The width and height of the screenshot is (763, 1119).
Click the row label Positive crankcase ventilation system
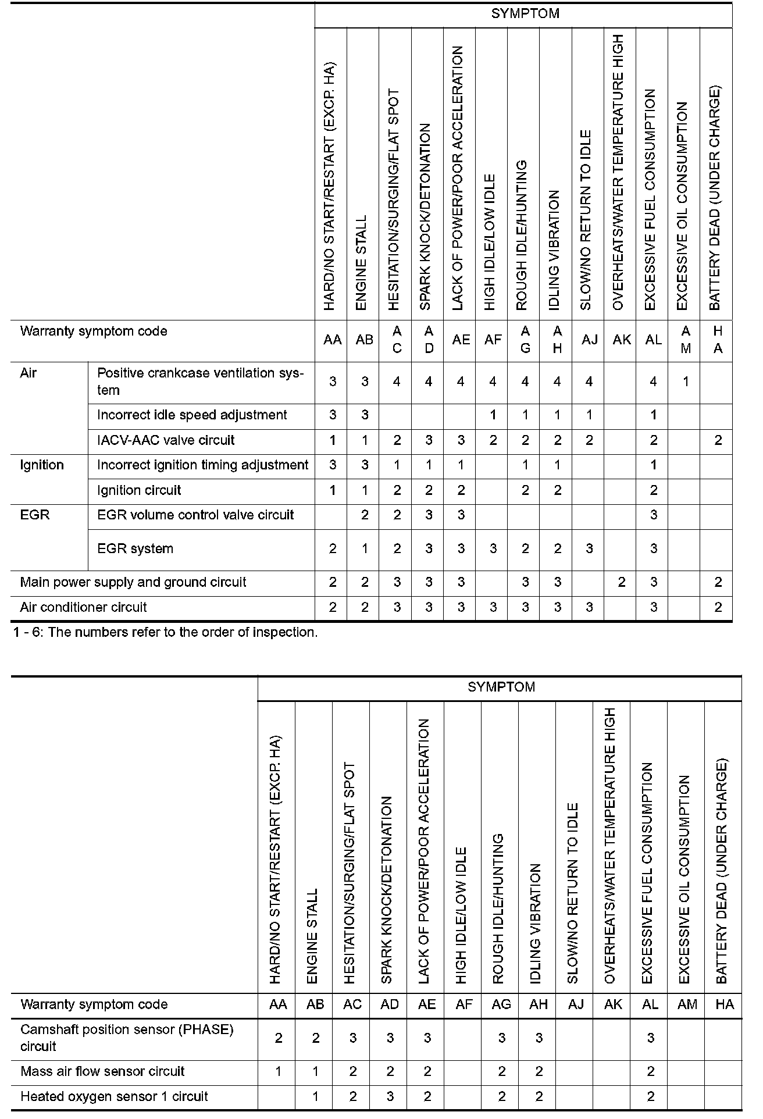200,382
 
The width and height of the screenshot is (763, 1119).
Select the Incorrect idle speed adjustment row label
192,415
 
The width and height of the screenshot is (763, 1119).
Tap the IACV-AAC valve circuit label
166,440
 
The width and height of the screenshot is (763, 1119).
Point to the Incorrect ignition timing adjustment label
202,465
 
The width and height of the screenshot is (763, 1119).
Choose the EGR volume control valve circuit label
195,515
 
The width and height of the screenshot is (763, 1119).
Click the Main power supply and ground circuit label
133,583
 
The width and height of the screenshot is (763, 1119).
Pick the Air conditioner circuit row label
83,608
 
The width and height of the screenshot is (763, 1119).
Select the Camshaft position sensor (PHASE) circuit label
127,1038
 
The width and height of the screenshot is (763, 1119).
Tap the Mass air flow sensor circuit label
102,1072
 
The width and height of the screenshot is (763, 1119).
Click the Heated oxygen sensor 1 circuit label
114,1097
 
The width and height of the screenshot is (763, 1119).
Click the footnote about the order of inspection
165,633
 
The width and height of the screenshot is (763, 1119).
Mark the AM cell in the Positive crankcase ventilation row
686,382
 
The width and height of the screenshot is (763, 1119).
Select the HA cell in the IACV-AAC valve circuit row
718,441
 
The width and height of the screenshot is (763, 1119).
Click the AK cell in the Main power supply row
622,583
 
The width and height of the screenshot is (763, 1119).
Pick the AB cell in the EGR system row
365,549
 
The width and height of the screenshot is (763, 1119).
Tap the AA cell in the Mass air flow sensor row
279,1072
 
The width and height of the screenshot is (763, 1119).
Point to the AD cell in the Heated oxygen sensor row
390,1097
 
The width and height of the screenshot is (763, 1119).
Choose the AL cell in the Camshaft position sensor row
651,1039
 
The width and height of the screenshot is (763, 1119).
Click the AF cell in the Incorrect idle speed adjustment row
493,415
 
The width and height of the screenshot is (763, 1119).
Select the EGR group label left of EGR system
35,515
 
